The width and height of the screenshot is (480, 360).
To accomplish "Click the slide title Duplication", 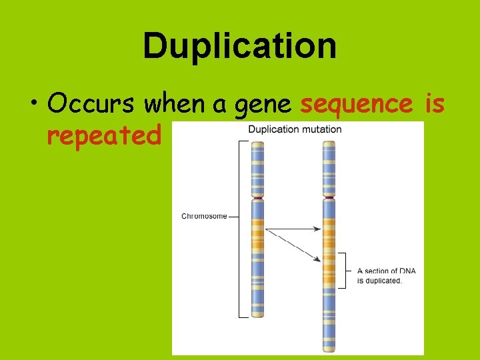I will pos(239,46).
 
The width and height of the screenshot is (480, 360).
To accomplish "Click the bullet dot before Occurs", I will pos(33,105).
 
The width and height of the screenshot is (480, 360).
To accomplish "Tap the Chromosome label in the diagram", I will pos(204,216).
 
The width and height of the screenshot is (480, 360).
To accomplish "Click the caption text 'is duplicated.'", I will pos(379,281).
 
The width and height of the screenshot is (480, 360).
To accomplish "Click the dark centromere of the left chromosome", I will pos(257,198).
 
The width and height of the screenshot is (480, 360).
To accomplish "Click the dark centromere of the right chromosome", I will pos(329,197).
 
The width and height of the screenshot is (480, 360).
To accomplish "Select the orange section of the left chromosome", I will pos(257,234).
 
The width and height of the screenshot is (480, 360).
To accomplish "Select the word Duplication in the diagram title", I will pos(273,129).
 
